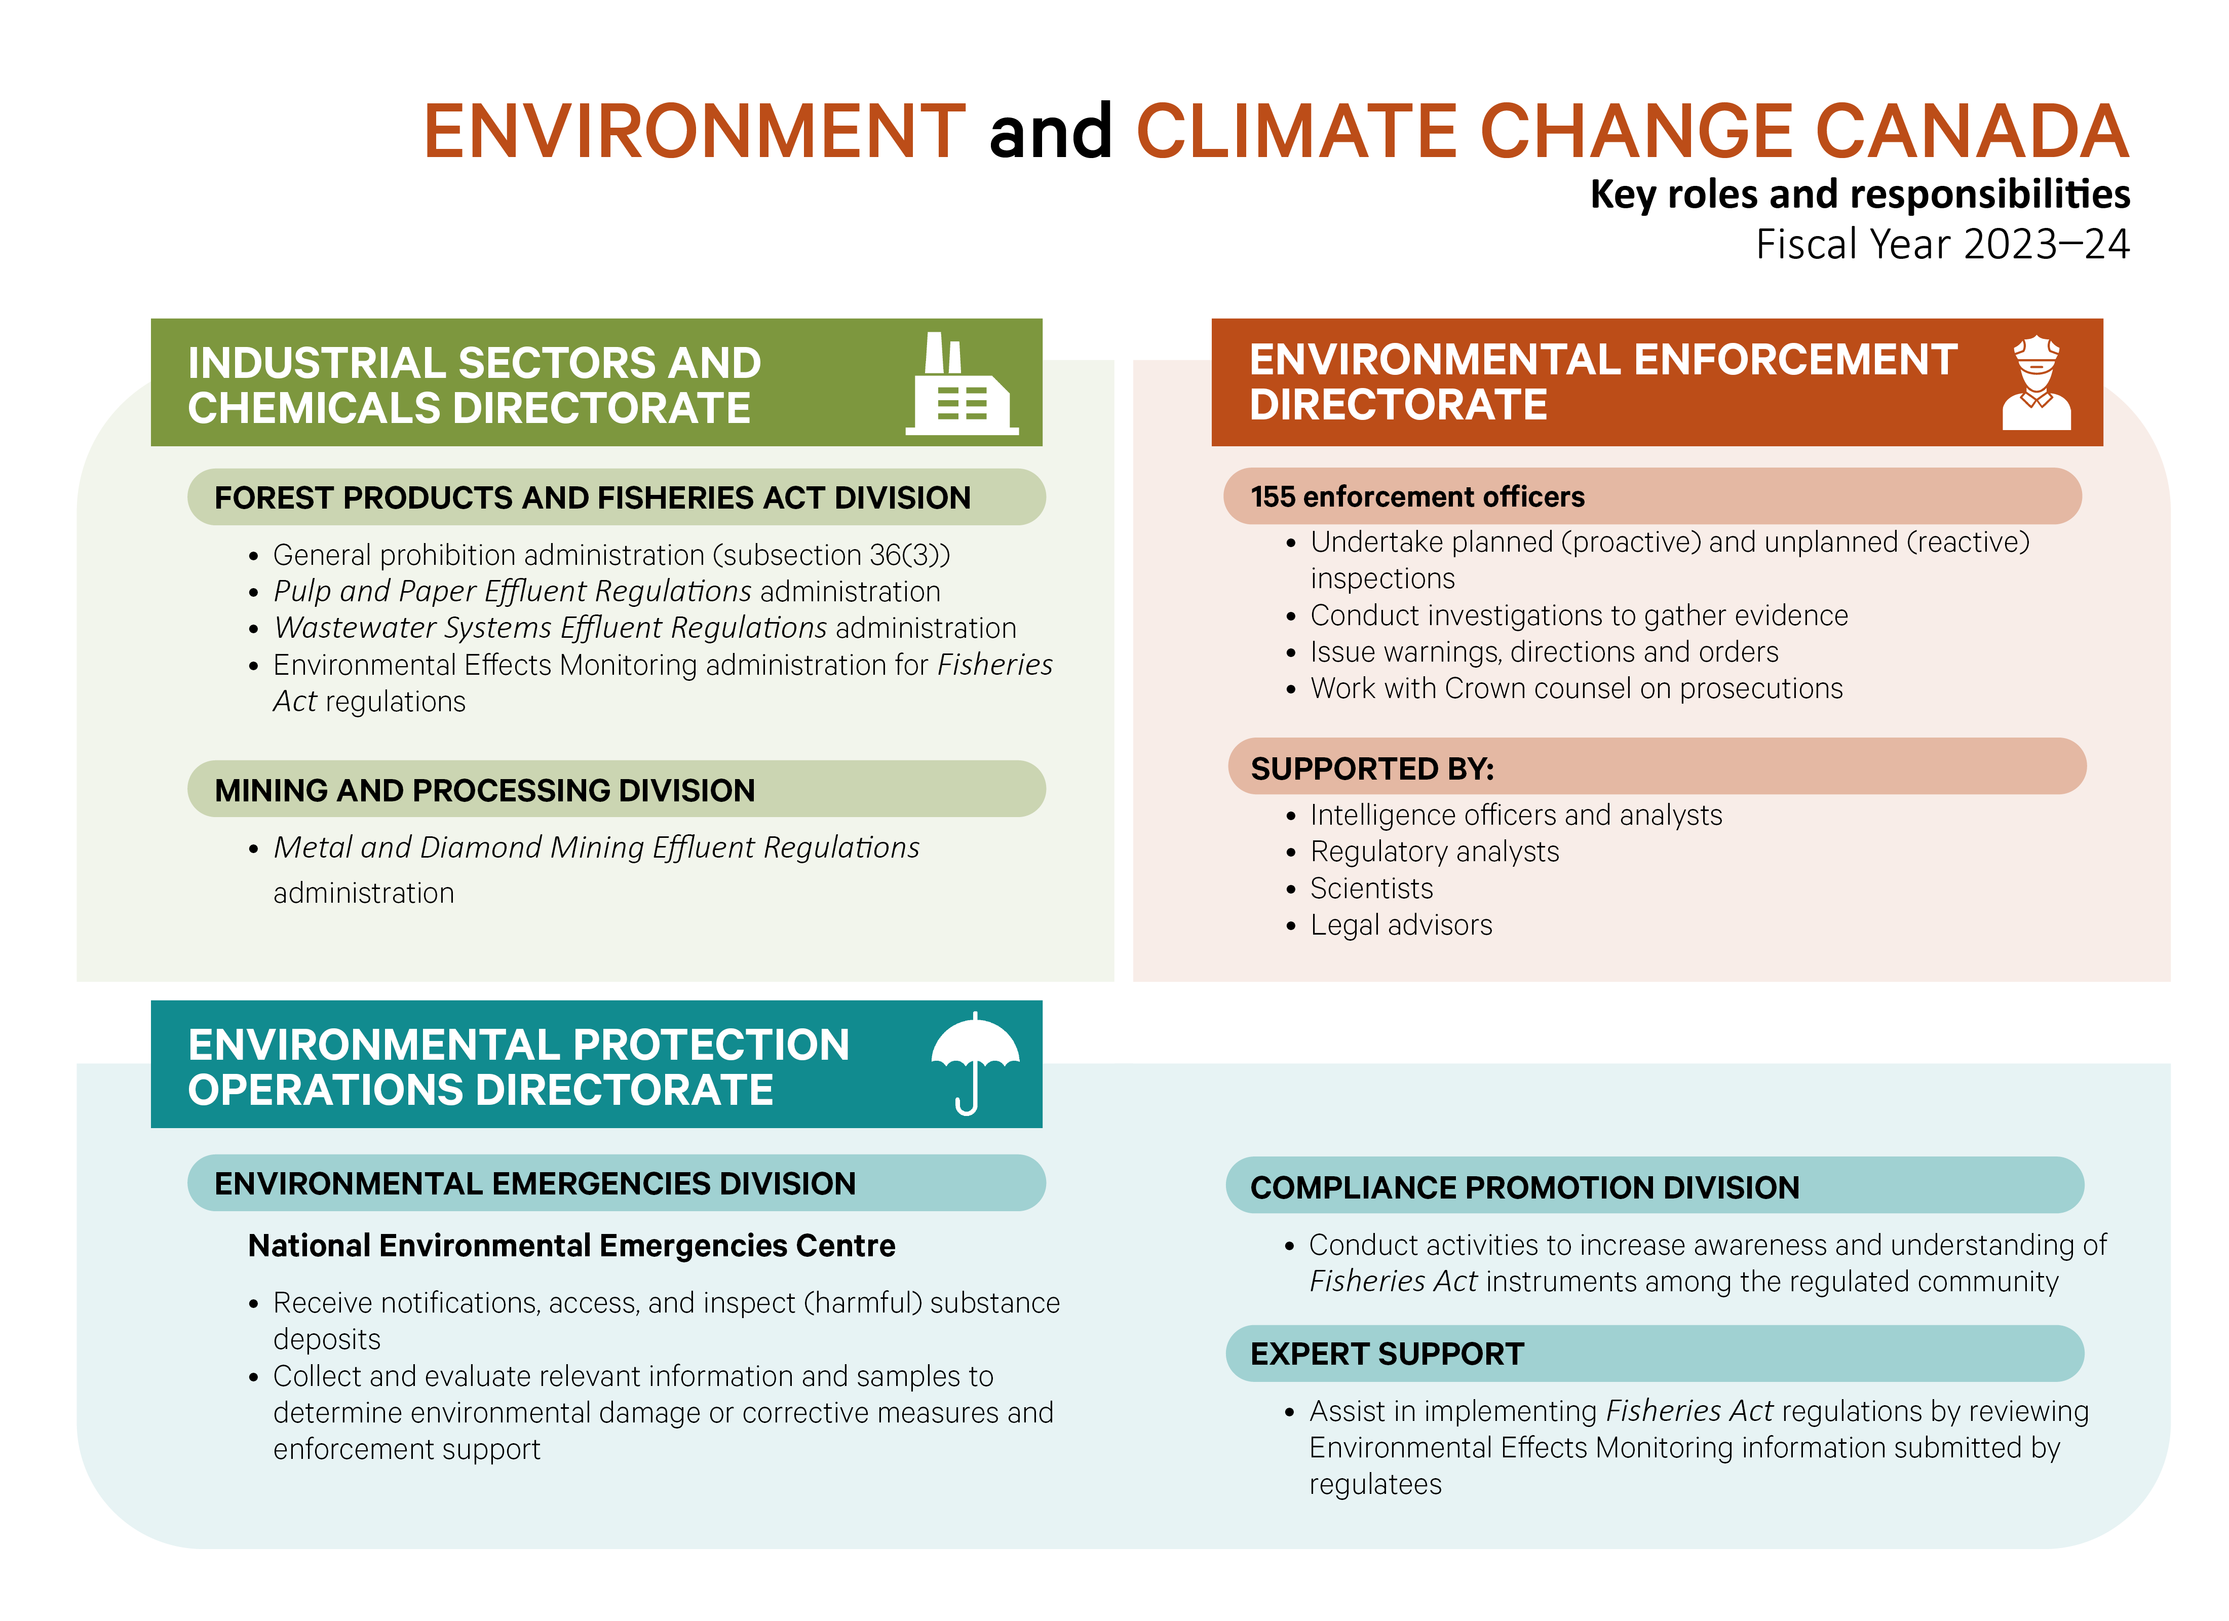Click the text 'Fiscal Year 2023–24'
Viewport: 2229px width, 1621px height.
point(1942,244)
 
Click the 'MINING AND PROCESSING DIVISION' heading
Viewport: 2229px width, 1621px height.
point(484,790)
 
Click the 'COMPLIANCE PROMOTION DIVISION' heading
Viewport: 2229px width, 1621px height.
point(1524,1187)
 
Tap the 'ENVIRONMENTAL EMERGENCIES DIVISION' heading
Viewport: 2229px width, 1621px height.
point(534,1183)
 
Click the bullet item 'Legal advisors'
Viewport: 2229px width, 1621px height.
point(1401,925)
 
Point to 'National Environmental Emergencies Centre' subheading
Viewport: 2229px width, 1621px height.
point(571,1246)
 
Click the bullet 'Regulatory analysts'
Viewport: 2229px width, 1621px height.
point(1434,852)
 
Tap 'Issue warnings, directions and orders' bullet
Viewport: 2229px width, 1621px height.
point(1544,652)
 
